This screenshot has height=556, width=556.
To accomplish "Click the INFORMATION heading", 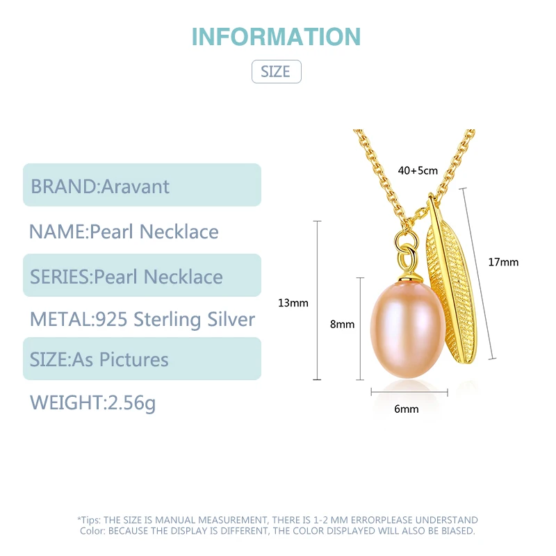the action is click(x=276, y=36).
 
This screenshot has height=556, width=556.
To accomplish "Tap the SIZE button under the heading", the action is click(x=276, y=72).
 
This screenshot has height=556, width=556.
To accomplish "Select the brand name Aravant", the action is click(x=136, y=186).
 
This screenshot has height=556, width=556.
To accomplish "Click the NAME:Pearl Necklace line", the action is click(x=124, y=231).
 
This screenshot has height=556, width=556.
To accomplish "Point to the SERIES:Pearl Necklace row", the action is click(x=126, y=277).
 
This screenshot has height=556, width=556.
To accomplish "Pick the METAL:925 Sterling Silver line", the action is click(x=142, y=319).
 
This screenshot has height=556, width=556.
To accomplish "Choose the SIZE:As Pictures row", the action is click(x=99, y=359).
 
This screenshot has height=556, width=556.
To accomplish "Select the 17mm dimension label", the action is click(x=503, y=262).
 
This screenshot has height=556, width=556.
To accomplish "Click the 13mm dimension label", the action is click(x=293, y=302).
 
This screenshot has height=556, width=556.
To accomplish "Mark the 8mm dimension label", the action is click(x=342, y=324).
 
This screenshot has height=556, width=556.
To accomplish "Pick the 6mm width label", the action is click(x=407, y=409).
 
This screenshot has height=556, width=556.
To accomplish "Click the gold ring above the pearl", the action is click(x=405, y=250).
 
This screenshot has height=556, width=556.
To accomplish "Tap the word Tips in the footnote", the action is click(x=90, y=520).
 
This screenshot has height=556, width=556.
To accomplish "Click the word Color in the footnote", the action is click(x=92, y=530).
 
